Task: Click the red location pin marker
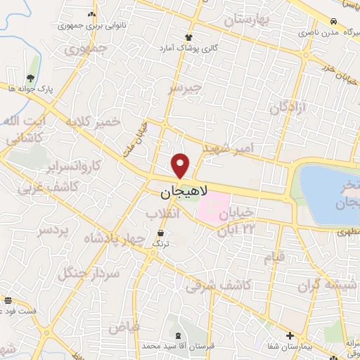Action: (181, 165)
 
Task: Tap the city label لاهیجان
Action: (179, 191)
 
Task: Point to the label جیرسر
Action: (185, 88)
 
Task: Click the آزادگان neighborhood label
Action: (289, 108)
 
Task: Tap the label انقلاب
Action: (163, 214)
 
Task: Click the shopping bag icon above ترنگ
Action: (162, 233)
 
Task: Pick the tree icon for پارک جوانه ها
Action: (30, 78)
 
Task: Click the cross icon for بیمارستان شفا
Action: (290, 335)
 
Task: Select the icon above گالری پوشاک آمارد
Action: (188, 37)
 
